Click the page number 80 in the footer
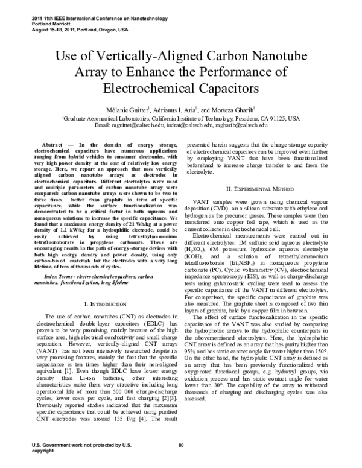[181, 445]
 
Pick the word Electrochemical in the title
[147, 88]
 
